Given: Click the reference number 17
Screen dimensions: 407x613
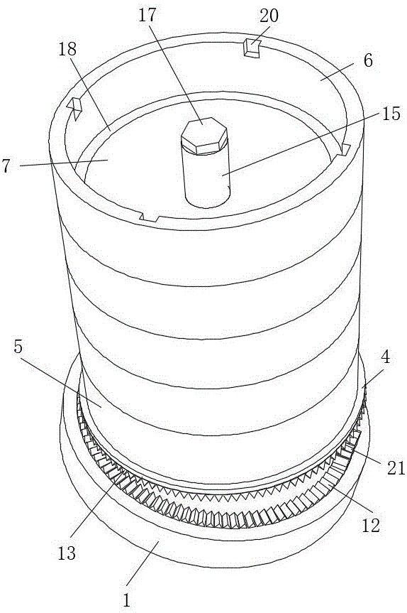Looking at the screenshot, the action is coord(147,15).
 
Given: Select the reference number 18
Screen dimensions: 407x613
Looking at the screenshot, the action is coord(67,50).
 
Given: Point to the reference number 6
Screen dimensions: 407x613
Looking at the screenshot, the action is coord(367,60).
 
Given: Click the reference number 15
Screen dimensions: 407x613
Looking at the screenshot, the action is coord(391,114).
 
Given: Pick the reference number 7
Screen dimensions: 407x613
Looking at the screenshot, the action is coord(6,166).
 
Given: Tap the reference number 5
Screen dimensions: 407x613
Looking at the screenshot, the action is coord(18,347).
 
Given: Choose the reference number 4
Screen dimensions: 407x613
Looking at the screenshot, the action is coord(386,357).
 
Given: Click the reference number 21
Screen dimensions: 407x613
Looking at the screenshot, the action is coord(396,468).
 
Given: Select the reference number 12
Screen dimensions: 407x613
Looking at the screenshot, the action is coord(371,526).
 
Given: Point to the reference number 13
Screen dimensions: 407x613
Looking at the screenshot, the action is coord(67,553).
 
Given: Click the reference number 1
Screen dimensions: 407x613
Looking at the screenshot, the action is coord(126,600).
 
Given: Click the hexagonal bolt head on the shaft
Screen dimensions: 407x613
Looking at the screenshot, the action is coord(204,136).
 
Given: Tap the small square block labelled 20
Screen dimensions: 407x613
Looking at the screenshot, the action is coord(252,48).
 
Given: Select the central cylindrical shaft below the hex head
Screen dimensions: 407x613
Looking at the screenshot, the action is coord(206,178).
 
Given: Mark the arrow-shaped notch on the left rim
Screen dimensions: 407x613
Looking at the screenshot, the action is coord(74,108).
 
